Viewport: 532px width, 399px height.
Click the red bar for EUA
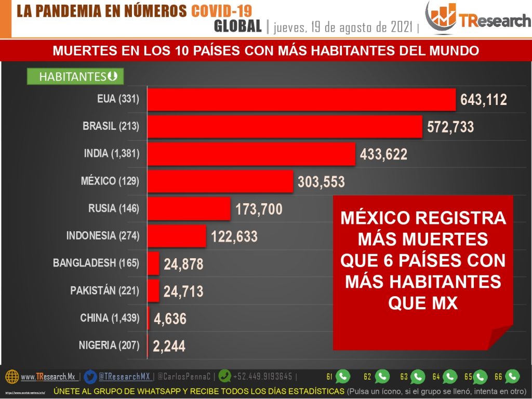tap(301, 99)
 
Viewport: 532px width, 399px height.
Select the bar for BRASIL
tap(284, 127)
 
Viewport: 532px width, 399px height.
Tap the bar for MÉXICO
tap(220, 181)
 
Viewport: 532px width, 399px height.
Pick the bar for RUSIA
tap(189, 209)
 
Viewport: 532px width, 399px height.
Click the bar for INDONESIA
tap(177, 236)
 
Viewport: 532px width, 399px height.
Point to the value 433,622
tap(383, 154)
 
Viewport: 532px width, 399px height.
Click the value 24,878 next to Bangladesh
tap(183, 264)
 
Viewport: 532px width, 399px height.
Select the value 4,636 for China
tap(169, 318)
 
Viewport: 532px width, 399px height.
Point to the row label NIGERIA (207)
tap(109, 345)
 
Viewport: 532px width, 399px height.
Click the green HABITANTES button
tap(75, 76)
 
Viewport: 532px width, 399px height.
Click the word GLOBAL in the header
tap(237, 26)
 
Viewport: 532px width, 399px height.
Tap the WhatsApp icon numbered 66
tap(512, 376)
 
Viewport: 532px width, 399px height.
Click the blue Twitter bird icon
tap(90, 377)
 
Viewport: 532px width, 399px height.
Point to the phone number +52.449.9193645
tap(263, 377)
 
